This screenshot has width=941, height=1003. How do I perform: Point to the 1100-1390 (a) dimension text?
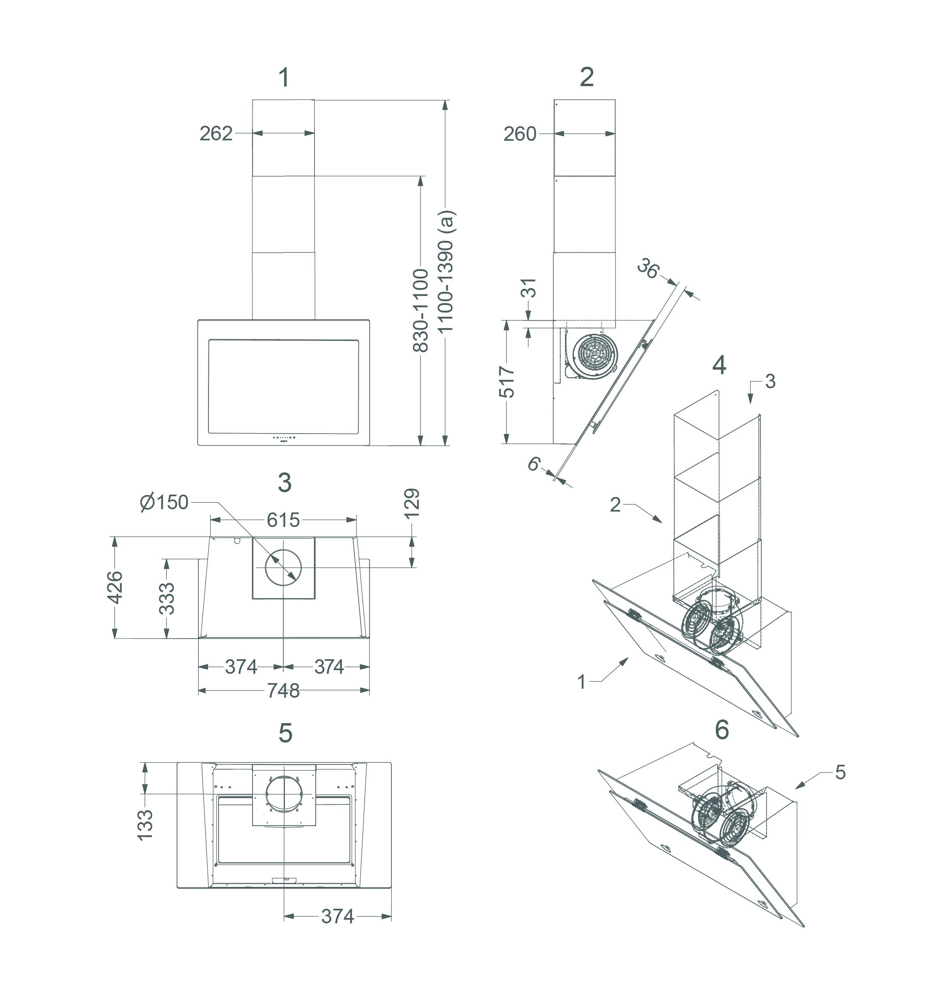point(446,271)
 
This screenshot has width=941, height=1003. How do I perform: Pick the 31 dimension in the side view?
point(529,288)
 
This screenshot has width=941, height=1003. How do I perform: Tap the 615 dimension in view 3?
point(283,520)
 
